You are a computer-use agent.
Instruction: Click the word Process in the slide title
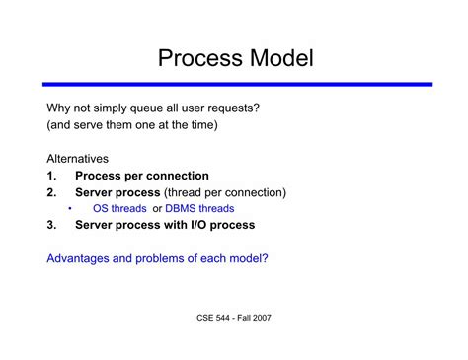[x=197, y=58]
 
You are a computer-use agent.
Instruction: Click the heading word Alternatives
[x=78, y=159]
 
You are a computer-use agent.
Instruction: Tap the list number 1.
[x=50, y=176]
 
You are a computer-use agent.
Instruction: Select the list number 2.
[x=50, y=192]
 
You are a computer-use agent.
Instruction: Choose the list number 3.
[x=50, y=225]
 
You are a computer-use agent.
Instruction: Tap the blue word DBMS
[x=183, y=209]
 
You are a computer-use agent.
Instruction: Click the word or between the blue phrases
[x=156, y=209]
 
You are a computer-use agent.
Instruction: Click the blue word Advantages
[x=83, y=258]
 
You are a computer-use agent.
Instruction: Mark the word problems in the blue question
[x=171, y=258]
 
